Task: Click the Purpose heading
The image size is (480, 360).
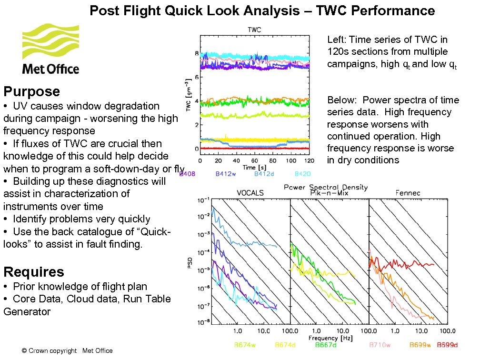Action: coord(31,91)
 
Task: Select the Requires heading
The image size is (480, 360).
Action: coord(33,272)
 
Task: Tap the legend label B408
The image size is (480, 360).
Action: coord(187,174)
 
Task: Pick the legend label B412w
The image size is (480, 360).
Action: coord(226,174)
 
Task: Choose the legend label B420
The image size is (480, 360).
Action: coord(303,174)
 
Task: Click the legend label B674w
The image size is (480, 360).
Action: coord(245,345)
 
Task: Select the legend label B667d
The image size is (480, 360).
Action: coord(326,345)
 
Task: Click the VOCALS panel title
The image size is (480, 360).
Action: coord(250,193)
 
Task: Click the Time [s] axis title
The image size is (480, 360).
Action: coord(254,168)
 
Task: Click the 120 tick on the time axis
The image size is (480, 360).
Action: coord(309,162)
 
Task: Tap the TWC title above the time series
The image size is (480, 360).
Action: coord(254,30)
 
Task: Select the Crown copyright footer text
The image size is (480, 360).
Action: coord(67,351)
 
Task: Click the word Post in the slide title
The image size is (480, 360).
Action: coord(105,10)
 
